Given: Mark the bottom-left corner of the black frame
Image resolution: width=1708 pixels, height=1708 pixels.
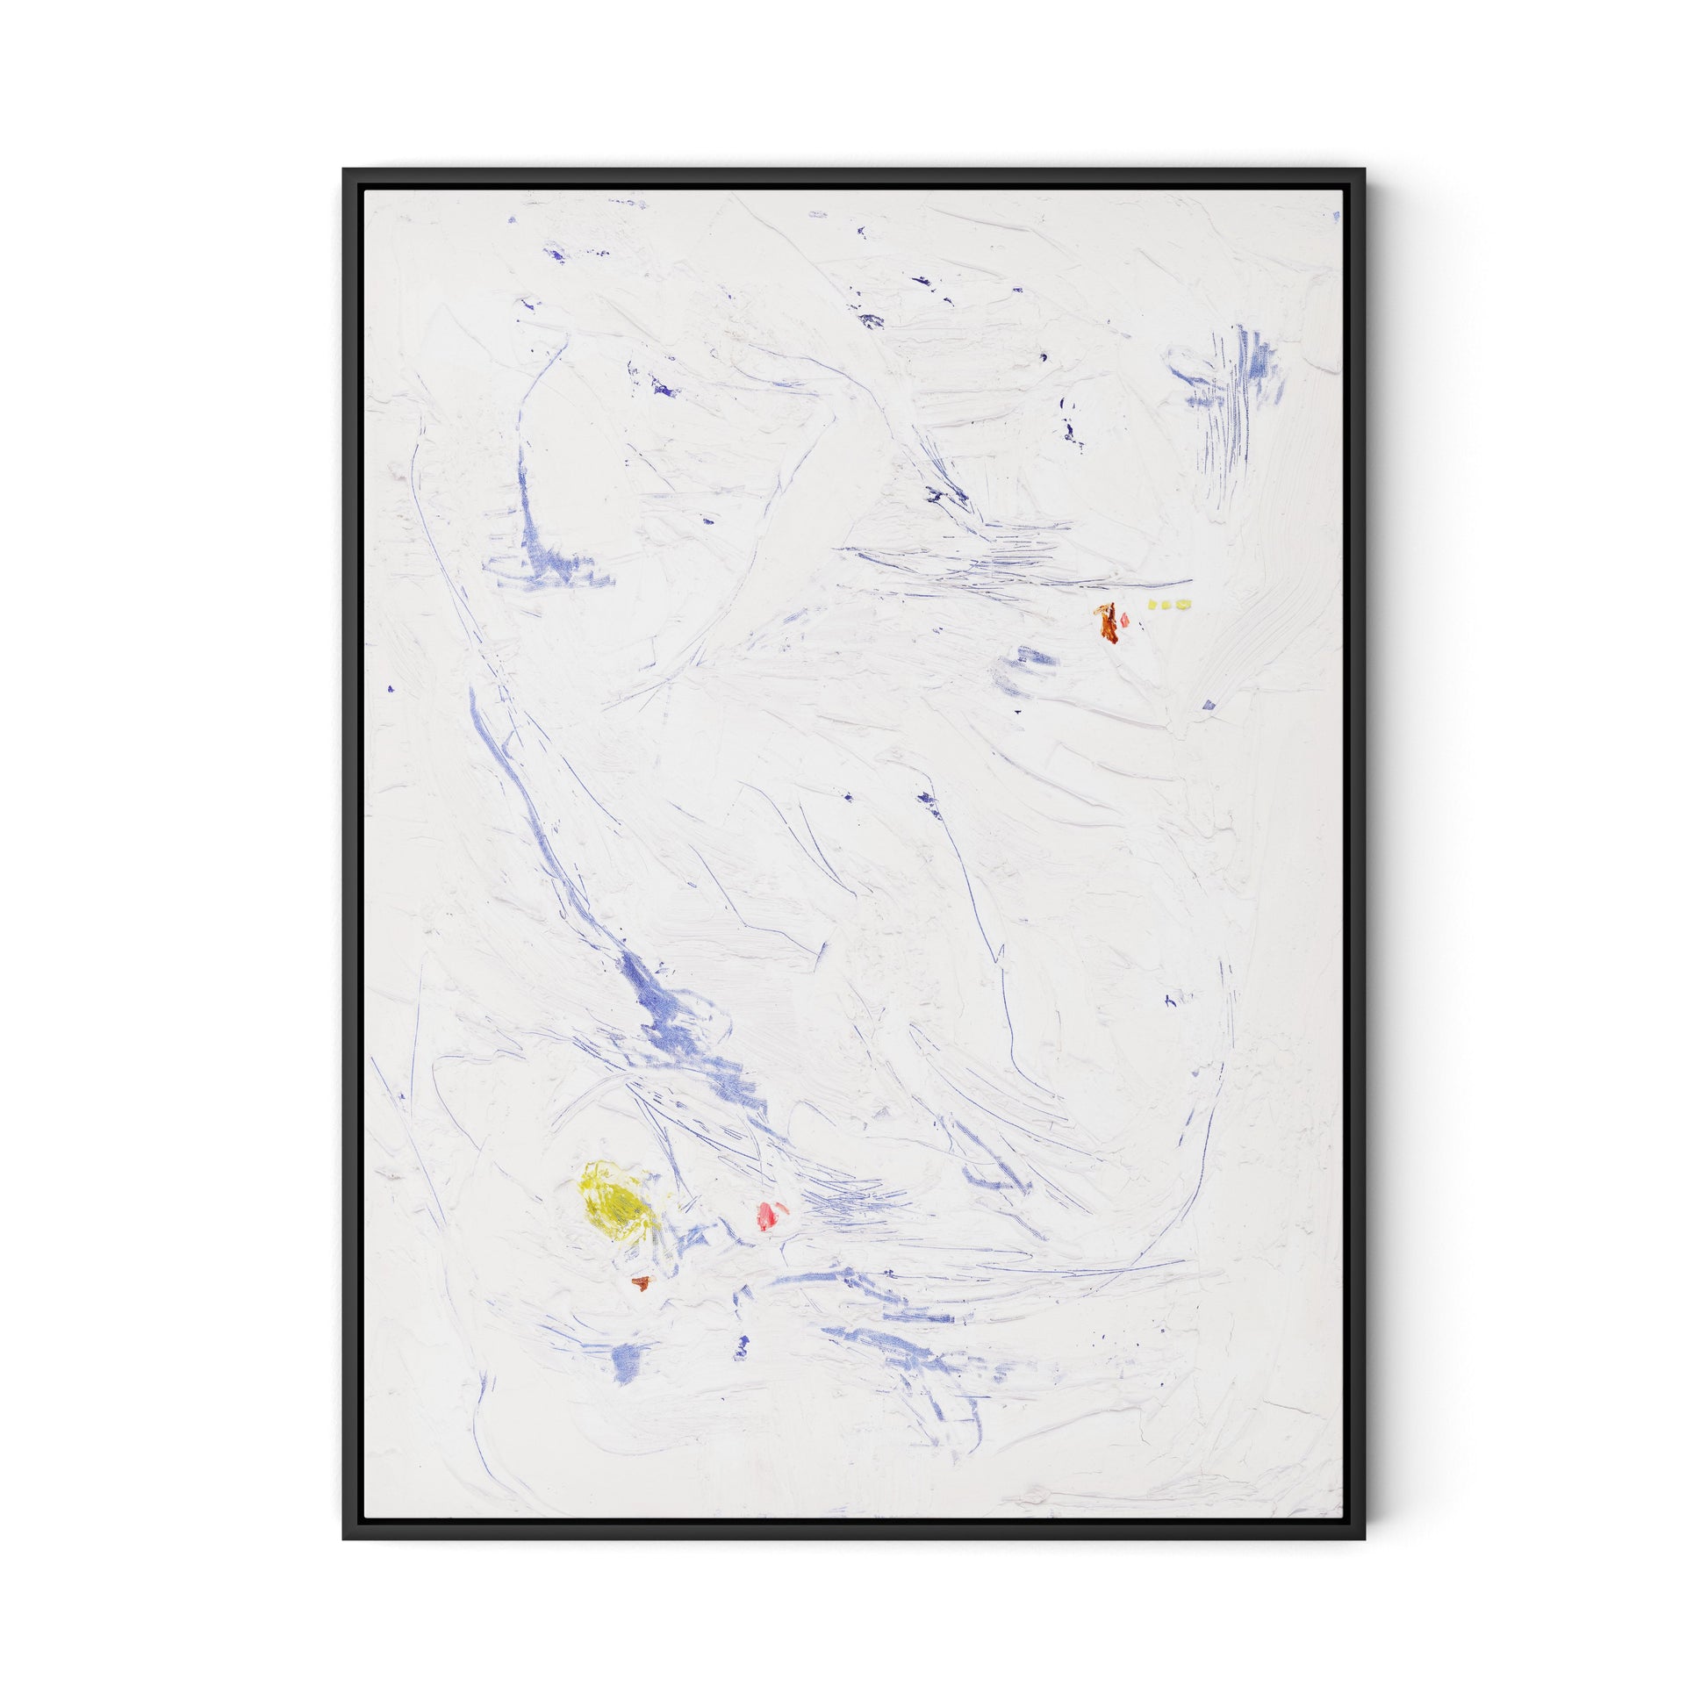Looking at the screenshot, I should [345, 1539].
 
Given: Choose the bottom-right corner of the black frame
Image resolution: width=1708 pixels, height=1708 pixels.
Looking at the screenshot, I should [1365, 1539].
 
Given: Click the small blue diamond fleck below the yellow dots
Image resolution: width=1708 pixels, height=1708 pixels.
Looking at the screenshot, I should [1209, 705].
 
